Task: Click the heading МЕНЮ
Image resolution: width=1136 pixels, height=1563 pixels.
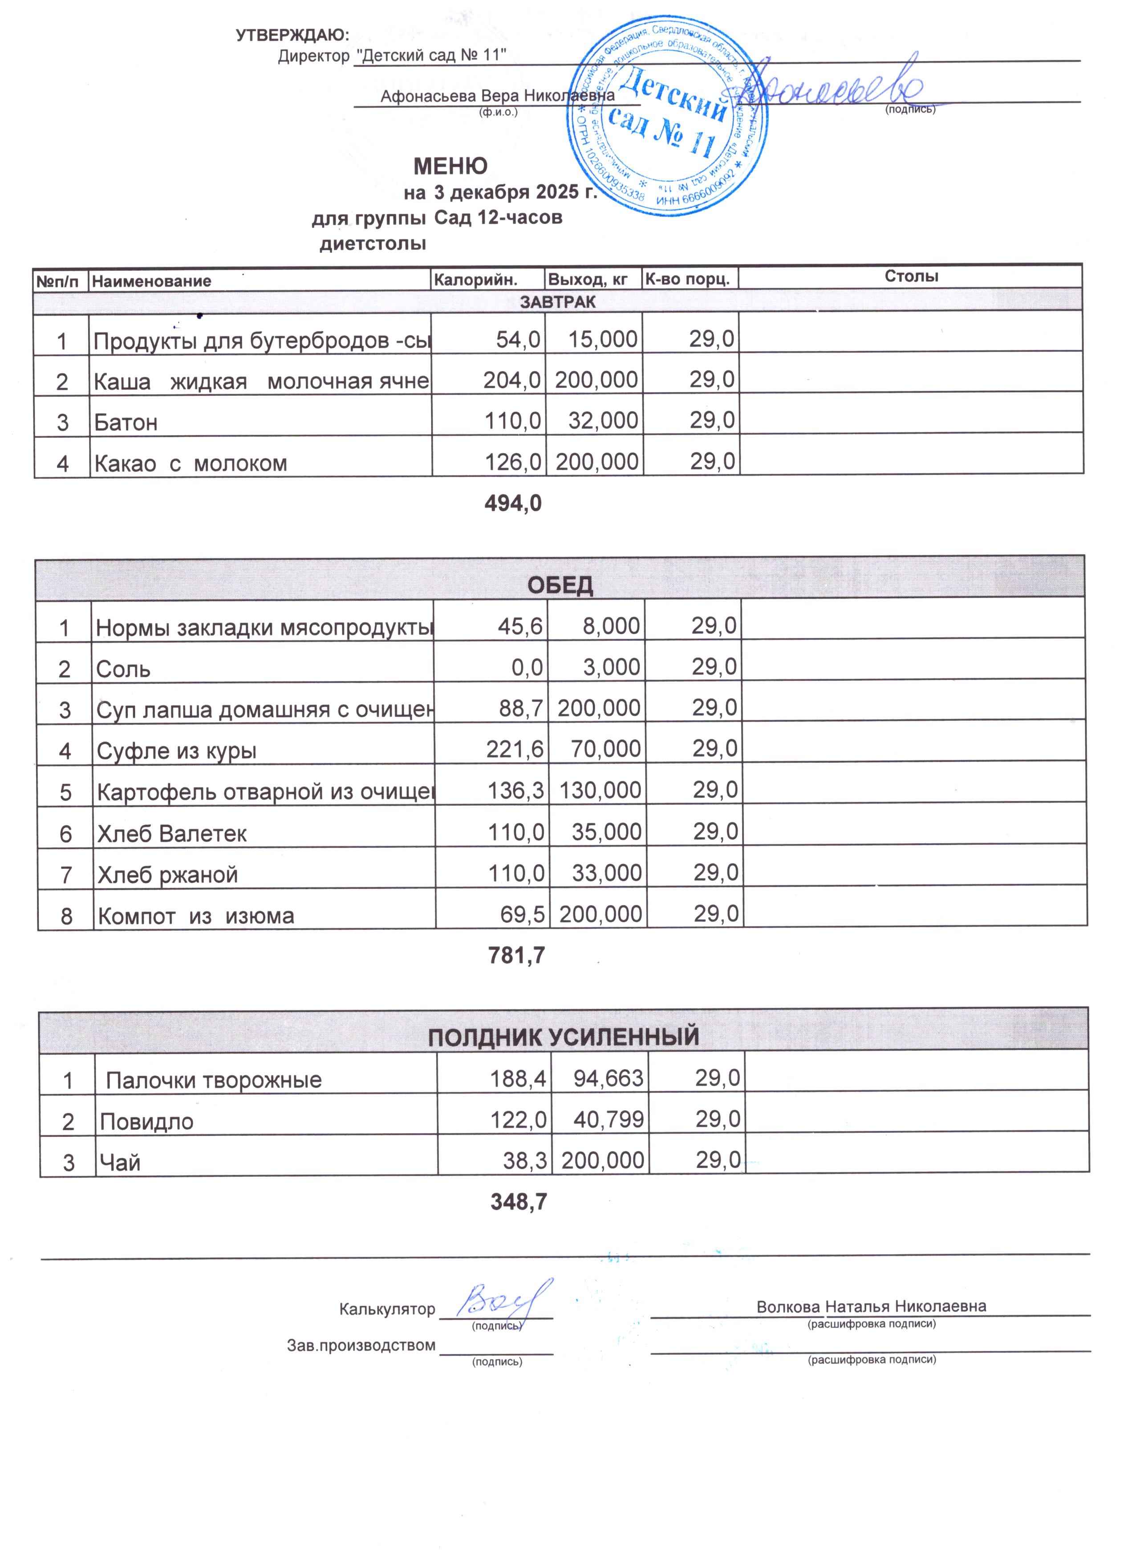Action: point(450,166)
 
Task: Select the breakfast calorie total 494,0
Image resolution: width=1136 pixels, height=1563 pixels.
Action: point(513,504)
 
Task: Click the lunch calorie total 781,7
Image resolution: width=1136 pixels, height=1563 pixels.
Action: point(516,955)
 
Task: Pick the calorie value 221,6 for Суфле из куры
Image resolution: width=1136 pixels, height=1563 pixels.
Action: point(515,749)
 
